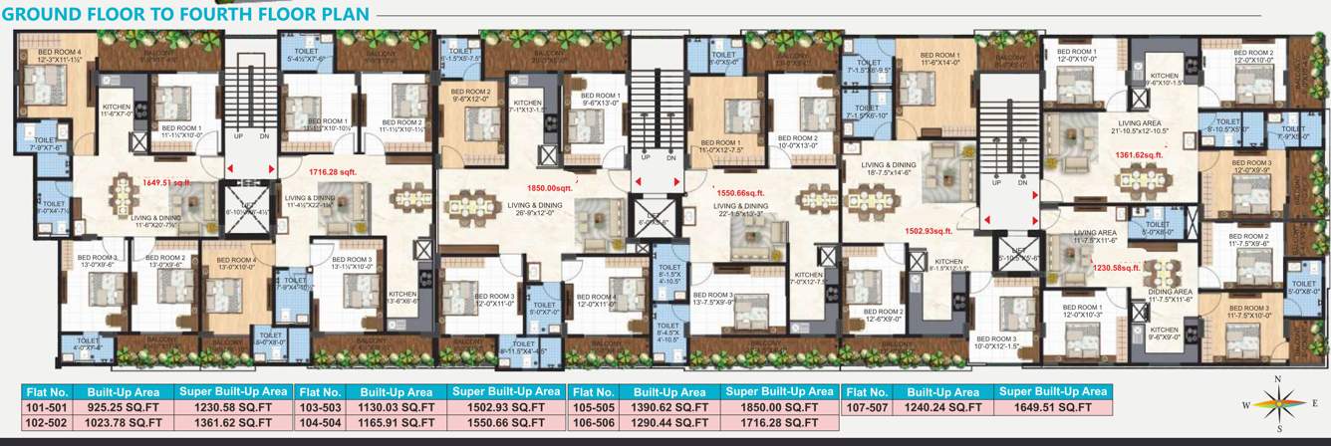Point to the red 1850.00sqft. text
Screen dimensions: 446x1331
551,186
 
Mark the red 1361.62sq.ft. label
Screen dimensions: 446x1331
1140,154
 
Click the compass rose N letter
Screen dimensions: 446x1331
1277,379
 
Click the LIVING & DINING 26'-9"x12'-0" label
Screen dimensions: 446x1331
535,208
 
